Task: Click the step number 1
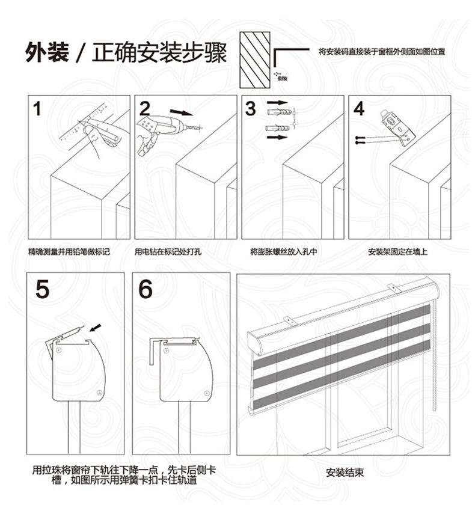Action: [x=37, y=109]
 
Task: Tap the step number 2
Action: [x=145, y=109]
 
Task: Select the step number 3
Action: [x=251, y=109]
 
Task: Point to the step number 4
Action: [x=359, y=109]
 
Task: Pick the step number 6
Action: [x=145, y=289]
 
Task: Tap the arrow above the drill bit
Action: [x=182, y=112]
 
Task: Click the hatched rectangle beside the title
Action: [x=255, y=59]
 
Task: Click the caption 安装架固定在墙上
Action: [x=397, y=251]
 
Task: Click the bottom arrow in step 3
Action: [x=277, y=138]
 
